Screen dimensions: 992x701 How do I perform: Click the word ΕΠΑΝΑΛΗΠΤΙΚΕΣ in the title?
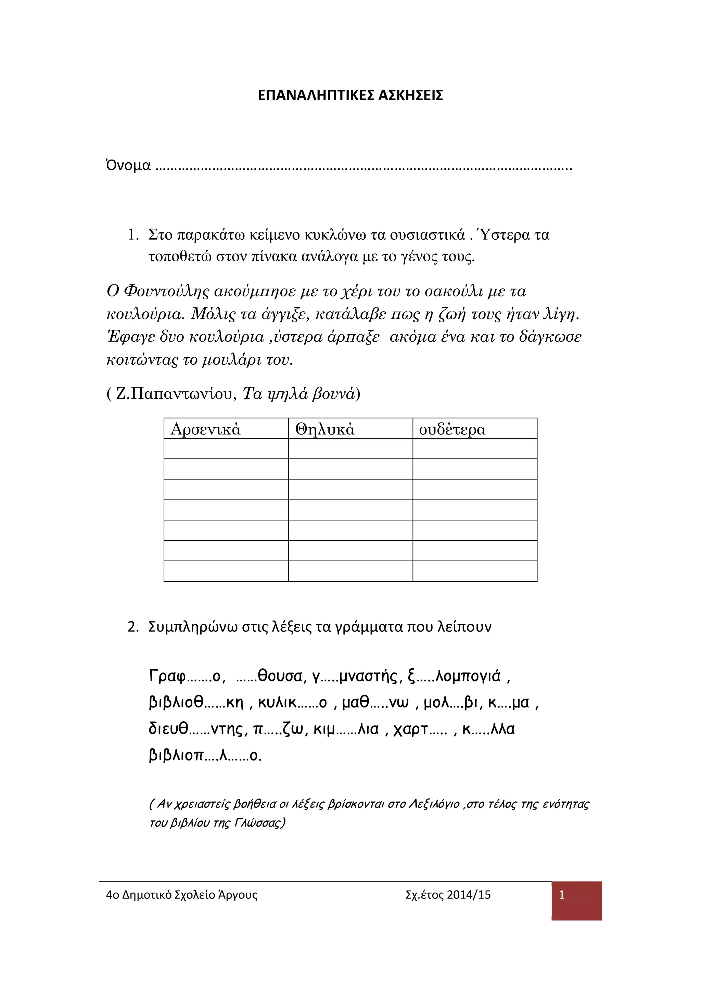tap(316, 96)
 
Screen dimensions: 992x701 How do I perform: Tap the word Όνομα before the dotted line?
tap(128, 165)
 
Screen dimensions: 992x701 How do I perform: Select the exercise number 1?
tap(132, 235)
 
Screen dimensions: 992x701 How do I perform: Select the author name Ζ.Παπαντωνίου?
tap(176, 393)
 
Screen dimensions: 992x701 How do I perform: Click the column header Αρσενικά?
tap(206, 429)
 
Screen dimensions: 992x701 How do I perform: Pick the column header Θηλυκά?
tap(325, 429)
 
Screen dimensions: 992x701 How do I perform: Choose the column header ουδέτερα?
tap(452, 429)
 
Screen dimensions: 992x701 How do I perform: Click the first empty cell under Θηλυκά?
tap(350, 449)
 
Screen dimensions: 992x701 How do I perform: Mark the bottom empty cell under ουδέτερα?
tap(475, 571)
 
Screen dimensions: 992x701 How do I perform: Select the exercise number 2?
tap(132, 627)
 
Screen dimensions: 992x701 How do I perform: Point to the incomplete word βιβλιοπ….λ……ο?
tap(205, 755)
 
